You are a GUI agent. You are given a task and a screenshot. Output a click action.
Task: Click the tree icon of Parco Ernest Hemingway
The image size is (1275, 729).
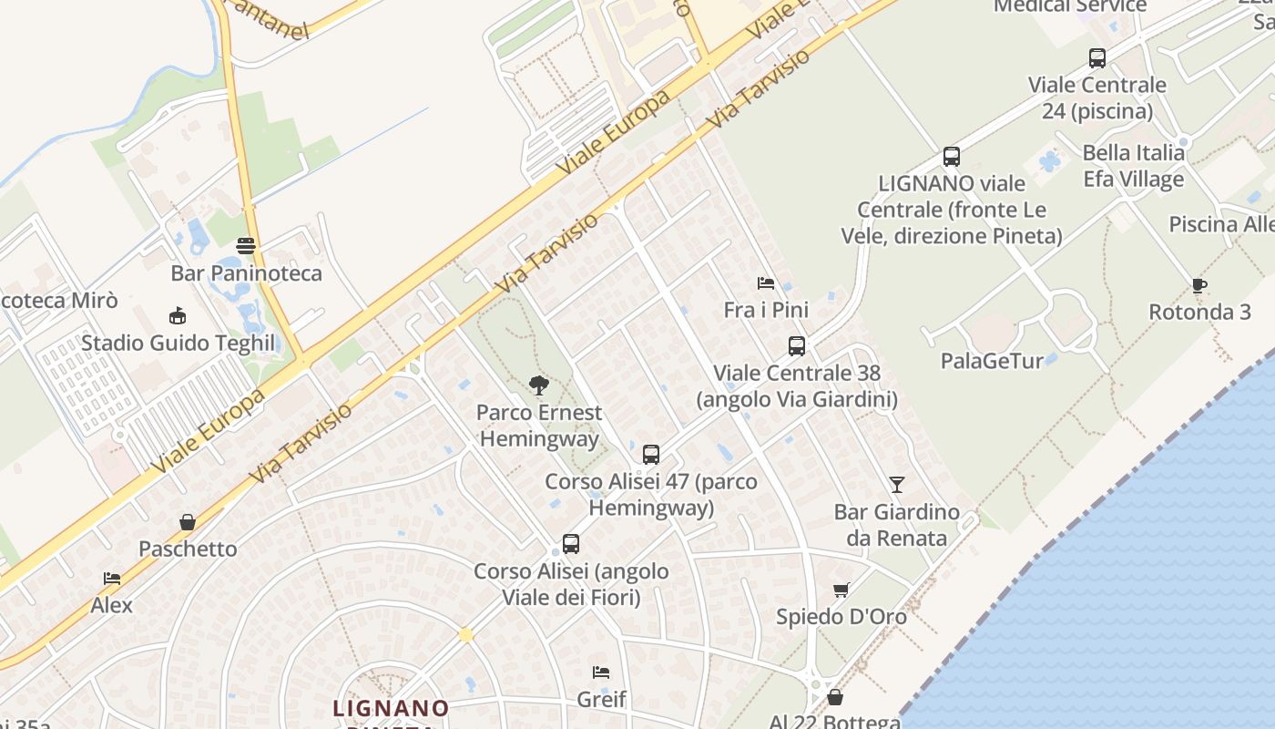point(539,385)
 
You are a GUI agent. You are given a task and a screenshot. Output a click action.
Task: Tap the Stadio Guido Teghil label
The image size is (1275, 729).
point(178,344)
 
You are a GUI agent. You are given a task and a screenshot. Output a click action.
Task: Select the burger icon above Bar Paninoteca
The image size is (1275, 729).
point(246,245)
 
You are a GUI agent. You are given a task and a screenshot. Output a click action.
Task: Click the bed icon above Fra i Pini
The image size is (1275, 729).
point(766,283)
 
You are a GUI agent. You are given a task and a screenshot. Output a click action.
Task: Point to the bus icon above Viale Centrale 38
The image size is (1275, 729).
point(797,346)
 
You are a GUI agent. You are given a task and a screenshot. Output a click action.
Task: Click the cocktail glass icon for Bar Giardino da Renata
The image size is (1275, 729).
point(897,485)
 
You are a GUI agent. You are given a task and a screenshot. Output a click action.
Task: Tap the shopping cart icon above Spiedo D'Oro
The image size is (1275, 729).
point(841,590)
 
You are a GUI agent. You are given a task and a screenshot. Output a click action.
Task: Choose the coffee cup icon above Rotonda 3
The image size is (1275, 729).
point(1199,285)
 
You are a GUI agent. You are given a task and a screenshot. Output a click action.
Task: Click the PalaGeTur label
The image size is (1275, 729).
point(992,361)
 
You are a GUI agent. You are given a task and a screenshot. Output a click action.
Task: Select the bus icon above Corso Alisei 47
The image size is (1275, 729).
point(651,454)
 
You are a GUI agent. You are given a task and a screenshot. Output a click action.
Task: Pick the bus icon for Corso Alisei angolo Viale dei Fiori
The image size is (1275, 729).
point(571,544)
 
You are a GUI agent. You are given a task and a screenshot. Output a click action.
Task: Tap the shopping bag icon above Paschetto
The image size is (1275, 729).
point(188,522)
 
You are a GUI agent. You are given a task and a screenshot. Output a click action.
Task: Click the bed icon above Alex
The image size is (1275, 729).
point(112,579)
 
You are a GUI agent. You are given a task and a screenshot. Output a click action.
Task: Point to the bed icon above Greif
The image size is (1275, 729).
point(601,673)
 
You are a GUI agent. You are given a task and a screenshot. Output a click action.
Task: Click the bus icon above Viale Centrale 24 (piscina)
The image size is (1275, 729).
point(1097,58)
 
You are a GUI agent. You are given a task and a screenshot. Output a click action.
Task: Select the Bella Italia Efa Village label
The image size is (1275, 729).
point(1133,166)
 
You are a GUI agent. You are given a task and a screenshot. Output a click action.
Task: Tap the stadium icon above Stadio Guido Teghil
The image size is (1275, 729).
point(178,316)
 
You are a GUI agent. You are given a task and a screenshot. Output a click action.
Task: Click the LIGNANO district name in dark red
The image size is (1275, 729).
point(391,708)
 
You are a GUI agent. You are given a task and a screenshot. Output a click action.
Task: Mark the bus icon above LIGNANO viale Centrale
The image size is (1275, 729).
point(952,157)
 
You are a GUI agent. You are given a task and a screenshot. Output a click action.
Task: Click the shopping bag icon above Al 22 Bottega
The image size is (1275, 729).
point(835,697)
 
